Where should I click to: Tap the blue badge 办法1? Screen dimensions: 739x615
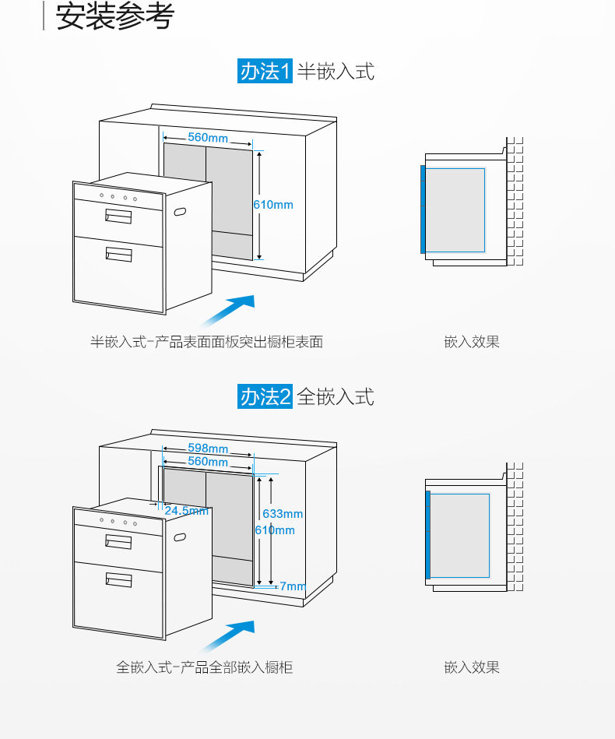click(x=265, y=72)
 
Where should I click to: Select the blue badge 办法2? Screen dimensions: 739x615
click(x=265, y=396)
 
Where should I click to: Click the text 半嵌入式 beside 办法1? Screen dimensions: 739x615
click(x=336, y=72)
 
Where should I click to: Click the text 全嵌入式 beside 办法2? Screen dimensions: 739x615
click(x=336, y=396)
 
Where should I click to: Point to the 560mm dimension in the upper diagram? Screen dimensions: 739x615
click(x=208, y=138)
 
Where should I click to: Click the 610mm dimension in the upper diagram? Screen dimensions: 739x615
click(x=273, y=205)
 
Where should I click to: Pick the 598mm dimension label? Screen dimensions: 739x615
click(x=208, y=449)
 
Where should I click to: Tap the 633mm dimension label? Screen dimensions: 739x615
click(x=283, y=514)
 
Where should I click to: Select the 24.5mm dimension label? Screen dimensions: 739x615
click(x=186, y=511)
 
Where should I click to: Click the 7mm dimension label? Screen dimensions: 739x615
click(x=293, y=586)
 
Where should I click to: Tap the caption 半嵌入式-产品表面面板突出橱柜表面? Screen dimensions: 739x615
click(x=206, y=342)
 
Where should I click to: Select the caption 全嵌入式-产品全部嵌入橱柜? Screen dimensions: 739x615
click(x=205, y=667)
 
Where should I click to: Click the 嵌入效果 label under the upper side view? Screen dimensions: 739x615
click(x=472, y=342)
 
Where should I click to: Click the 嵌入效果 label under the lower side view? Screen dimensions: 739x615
click(x=472, y=667)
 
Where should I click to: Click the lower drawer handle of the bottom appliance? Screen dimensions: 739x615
click(x=118, y=579)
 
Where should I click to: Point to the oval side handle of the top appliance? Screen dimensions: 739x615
click(x=181, y=212)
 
